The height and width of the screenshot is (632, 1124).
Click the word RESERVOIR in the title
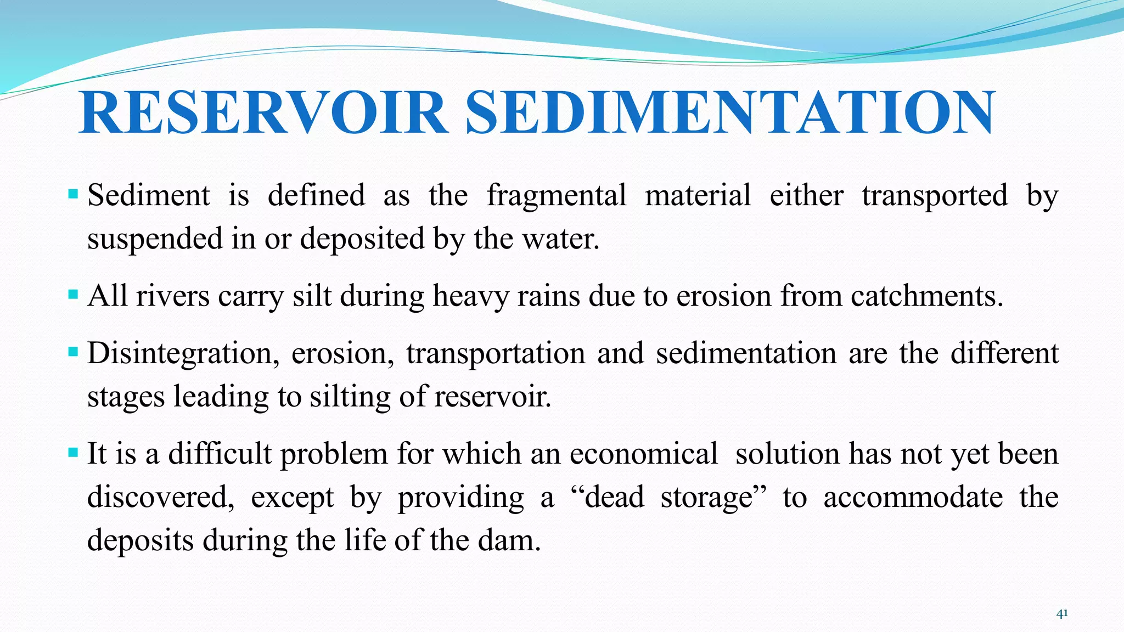click(x=262, y=113)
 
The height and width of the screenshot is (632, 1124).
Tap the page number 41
click(x=1062, y=613)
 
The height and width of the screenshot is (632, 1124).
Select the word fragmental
click(x=556, y=196)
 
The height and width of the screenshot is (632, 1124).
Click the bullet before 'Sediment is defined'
click(x=74, y=194)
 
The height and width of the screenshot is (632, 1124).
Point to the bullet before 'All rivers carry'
click(x=74, y=294)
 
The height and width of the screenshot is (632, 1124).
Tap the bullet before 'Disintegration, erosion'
click(x=74, y=351)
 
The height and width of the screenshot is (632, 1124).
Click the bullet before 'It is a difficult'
click(x=74, y=453)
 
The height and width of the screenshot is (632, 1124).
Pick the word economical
click(x=643, y=454)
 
